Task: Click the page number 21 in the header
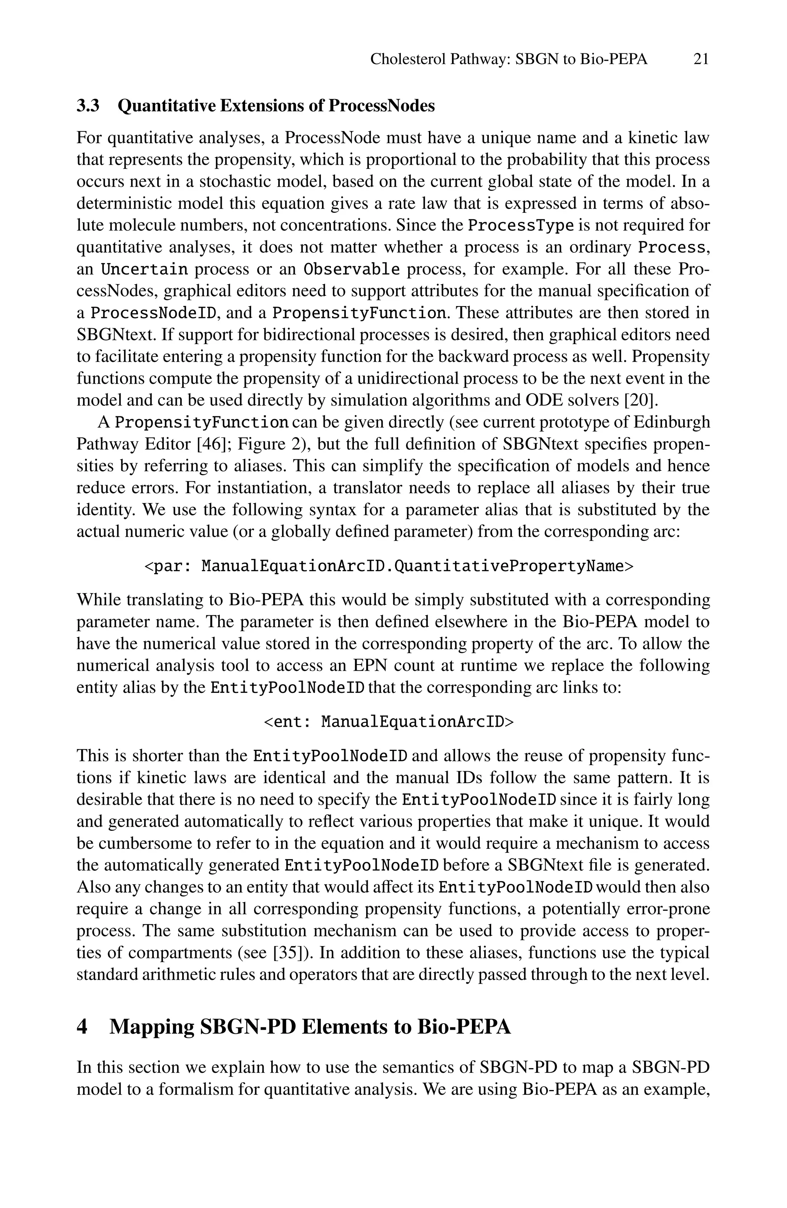point(700,60)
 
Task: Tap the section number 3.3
point(88,106)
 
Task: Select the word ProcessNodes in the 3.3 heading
point(381,106)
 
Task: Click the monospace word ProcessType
point(520,225)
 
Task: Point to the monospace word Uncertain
point(144,268)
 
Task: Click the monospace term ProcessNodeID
point(154,313)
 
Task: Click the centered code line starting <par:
point(389,565)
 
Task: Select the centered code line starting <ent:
point(389,721)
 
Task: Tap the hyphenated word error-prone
point(668,908)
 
